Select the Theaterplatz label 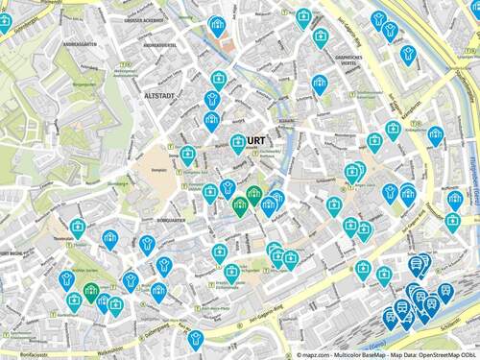click(x=63, y=236)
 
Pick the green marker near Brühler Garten click(x=91, y=290)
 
